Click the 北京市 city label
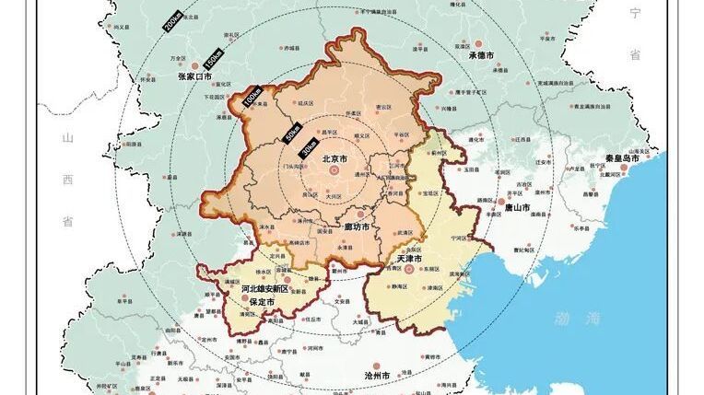click(x=334, y=159)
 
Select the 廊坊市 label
click(x=356, y=227)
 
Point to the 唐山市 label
click(x=516, y=208)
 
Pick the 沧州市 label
click(x=378, y=377)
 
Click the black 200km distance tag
click(x=174, y=22)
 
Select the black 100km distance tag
click(x=252, y=98)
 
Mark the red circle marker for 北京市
click(x=334, y=170)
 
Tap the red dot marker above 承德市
click(x=480, y=43)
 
